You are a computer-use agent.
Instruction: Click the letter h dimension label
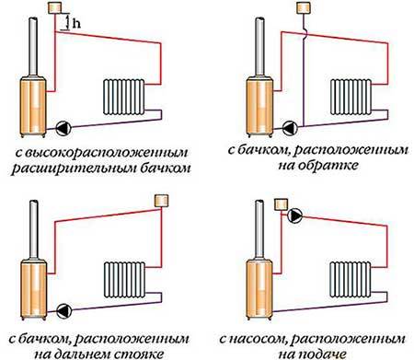coord(76,23)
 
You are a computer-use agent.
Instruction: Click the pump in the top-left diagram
coord(63,128)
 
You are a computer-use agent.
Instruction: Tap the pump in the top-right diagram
coord(290,128)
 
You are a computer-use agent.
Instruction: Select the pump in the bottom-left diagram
coord(64,311)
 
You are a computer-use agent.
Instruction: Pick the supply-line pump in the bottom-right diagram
coord(294,215)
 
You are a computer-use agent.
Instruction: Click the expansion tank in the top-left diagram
coord(55,7)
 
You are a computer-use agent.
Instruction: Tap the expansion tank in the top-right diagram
coord(304,7)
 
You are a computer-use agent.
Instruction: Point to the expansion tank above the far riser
coord(161,201)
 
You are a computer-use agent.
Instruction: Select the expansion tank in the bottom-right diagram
coord(281,204)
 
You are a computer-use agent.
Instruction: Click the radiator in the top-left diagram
coord(124,97)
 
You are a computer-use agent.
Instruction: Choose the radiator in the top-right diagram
coord(351,97)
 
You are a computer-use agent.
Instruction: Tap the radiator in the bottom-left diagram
coord(124,280)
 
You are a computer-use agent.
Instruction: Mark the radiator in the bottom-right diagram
coord(351,280)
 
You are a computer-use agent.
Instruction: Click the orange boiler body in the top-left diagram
coord(33,107)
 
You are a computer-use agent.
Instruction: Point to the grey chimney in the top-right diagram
coord(259,46)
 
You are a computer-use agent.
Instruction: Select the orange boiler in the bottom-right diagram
coord(259,289)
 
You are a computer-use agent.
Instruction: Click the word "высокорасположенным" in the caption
coord(101,153)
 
